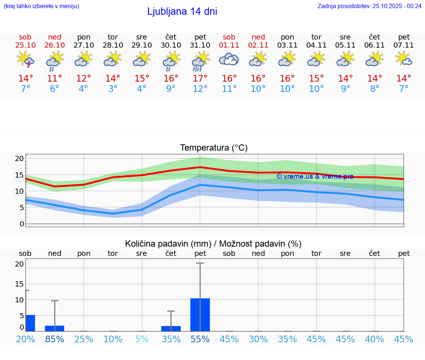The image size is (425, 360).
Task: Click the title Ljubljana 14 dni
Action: coord(182,11)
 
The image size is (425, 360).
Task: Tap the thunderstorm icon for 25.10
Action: coord(25,59)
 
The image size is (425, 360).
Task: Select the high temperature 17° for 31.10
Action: coord(200,79)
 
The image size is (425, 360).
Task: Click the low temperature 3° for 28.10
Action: coord(113,89)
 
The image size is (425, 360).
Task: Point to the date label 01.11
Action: coord(229,45)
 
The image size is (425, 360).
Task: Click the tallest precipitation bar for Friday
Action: coord(200,315)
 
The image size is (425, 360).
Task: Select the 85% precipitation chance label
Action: coord(55,339)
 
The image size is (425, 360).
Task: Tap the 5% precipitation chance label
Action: coord(142,339)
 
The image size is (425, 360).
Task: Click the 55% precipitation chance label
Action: coord(200,339)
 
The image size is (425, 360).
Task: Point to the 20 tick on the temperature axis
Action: coord(19,159)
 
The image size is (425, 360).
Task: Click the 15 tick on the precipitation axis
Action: coord(19,284)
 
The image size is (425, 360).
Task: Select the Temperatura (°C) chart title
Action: coord(214,148)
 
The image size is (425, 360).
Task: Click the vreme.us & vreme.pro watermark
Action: coord(315,176)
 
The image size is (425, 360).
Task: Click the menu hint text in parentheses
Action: coord(41,6)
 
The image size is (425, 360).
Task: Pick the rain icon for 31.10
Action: coord(200,61)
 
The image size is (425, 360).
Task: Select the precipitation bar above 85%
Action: coord(55,328)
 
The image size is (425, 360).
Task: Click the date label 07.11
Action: coord(404,45)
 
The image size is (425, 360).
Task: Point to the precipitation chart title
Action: coord(213,244)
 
